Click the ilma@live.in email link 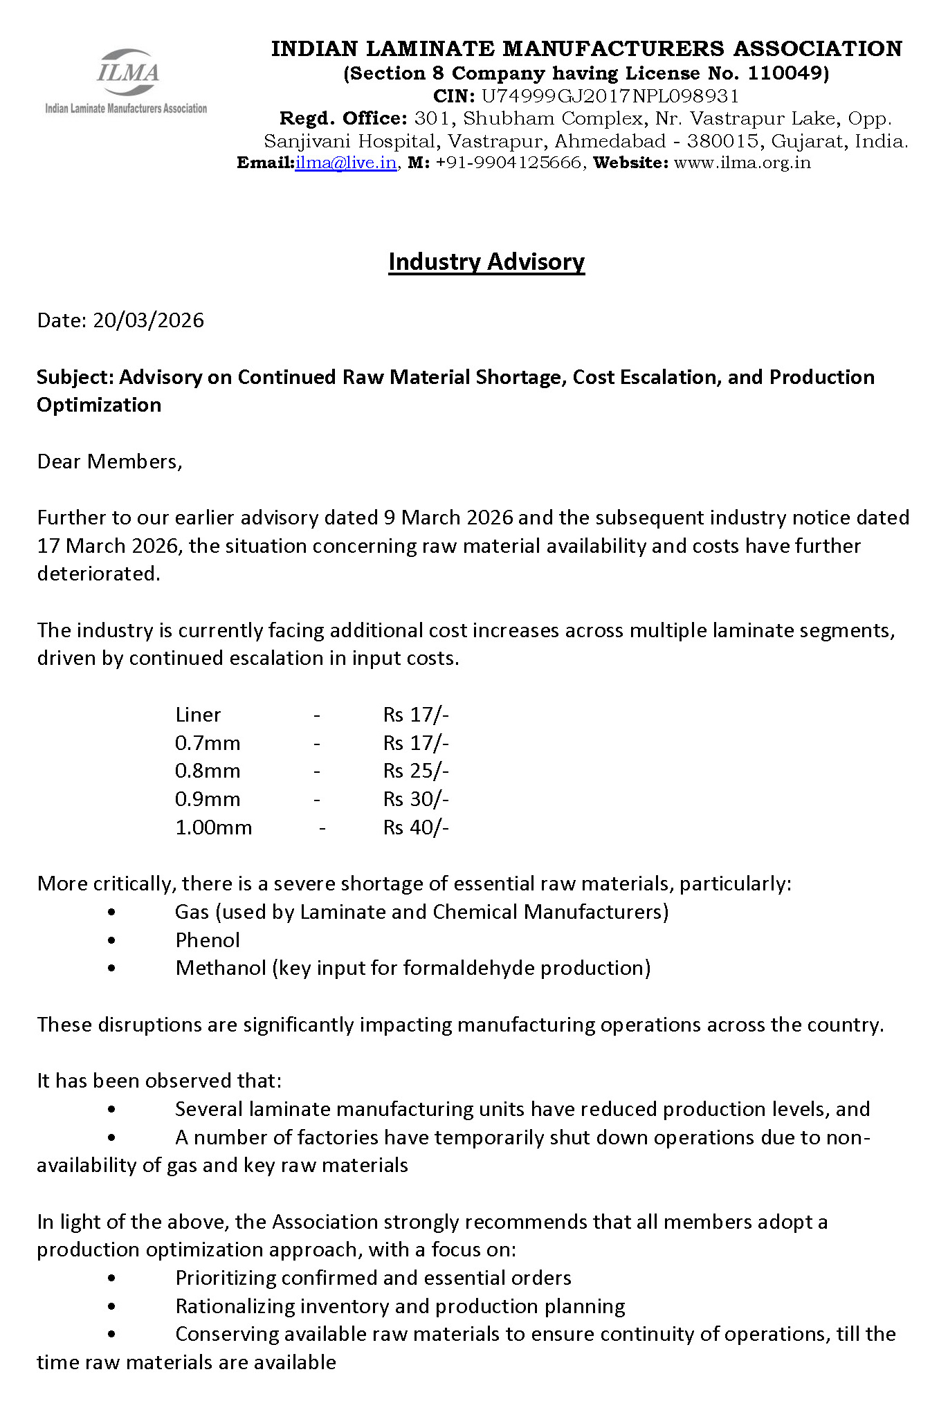[345, 163]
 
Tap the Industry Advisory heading [486, 262]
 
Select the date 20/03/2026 [149, 320]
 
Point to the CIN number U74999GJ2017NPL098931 [610, 95]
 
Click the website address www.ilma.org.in [742, 163]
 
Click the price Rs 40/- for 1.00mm [416, 827]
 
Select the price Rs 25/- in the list [416, 771]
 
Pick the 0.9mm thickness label [208, 799]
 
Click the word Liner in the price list [198, 715]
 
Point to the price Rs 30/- [416, 799]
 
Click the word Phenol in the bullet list [208, 940]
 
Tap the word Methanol [221, 968]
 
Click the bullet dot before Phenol [112, 941]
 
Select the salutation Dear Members [109, 461]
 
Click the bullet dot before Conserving [112, 1335]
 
